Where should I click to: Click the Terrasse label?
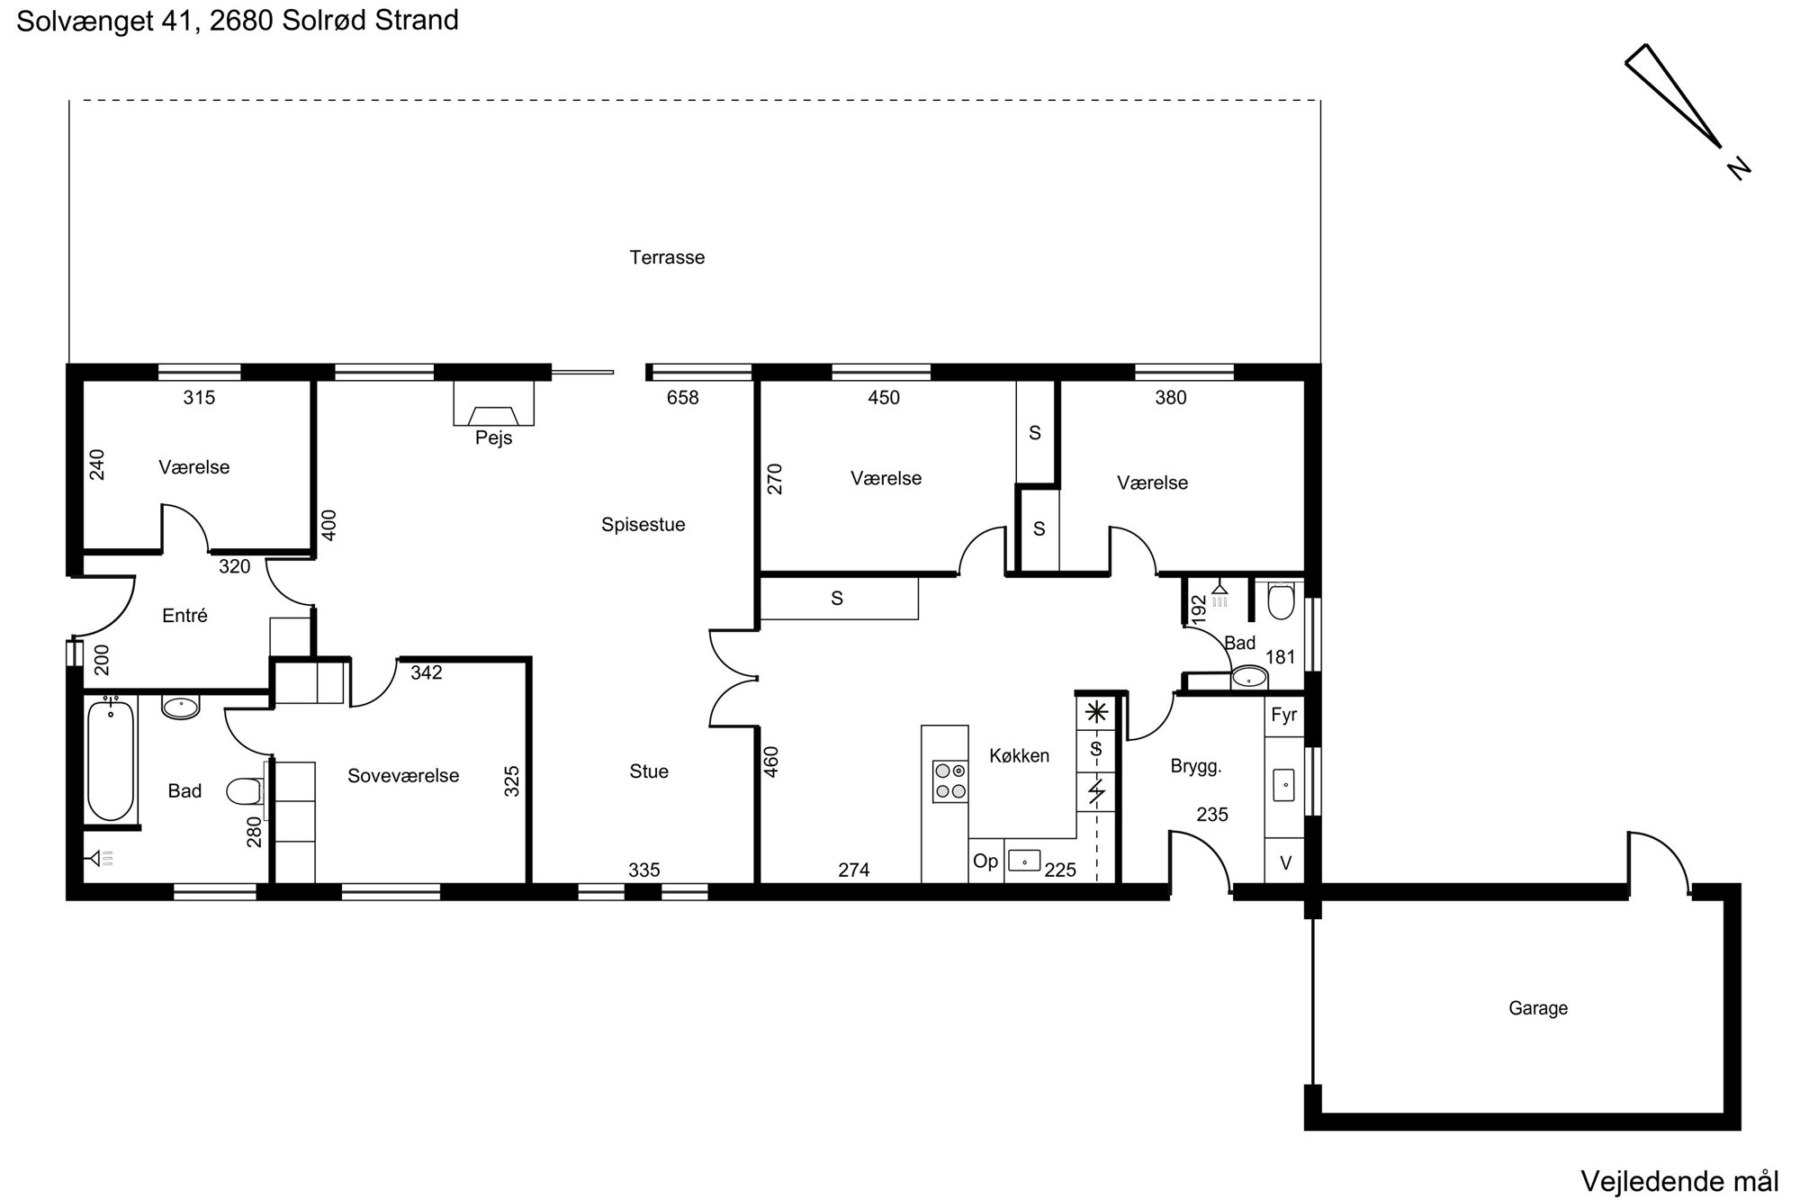coord(667,257)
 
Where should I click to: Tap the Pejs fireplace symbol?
coord(493,403)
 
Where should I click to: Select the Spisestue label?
coord(643,525)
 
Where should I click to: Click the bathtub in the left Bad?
coord(111,760)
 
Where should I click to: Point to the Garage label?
coord(1538,1008)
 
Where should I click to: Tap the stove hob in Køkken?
coord(949,781)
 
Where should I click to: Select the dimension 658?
coord(682,398)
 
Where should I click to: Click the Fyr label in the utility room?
coord(1284,716)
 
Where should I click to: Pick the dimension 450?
coord(884,398)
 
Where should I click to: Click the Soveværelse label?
coord(403,776)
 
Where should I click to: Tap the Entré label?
coord(184,616)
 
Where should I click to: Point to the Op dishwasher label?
coord(985,862)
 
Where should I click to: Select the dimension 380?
coord(1171,398)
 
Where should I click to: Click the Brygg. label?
coord(1196,767)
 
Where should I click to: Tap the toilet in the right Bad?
coord(1280,601)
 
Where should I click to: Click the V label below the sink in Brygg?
coord(1285,863)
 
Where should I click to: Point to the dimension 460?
coord(771,762)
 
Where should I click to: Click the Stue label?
coord(649,771)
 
